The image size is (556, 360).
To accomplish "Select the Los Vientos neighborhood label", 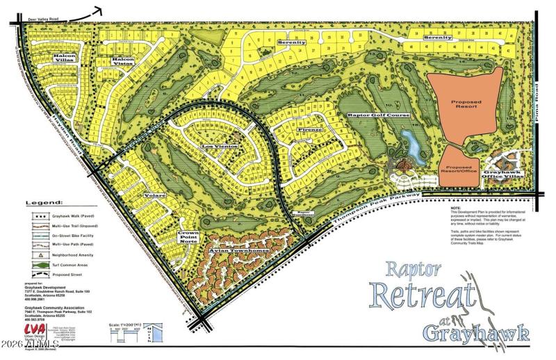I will click(220, 147).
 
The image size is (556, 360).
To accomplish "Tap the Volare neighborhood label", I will click(154, 196).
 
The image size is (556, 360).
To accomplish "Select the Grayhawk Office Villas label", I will click(502, 175).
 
